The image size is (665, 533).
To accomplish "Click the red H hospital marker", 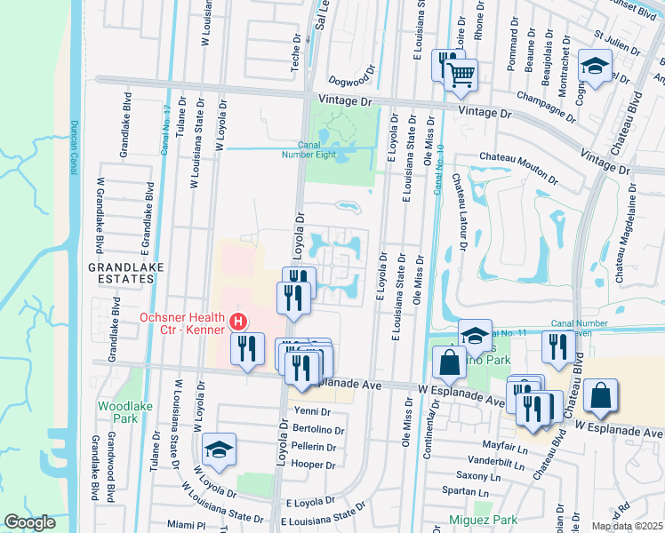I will click(x=237, y=321).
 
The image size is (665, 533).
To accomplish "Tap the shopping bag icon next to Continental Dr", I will click(x=449, y=362).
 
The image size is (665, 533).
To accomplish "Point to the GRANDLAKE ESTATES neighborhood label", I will click(x=120, y=272).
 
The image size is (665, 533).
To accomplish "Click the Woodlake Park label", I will click(x=120, y=411).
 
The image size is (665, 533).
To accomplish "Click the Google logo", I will click(x=30, y=522).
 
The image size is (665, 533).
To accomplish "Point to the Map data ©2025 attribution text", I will click(x=625, y=527).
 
